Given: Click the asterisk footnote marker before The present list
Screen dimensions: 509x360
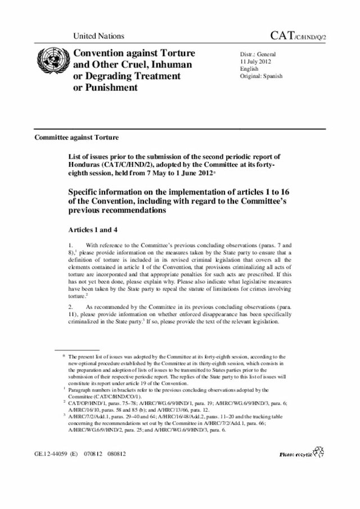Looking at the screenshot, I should tap(64, 357).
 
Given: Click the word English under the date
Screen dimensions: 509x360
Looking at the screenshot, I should tap(250, 69).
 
